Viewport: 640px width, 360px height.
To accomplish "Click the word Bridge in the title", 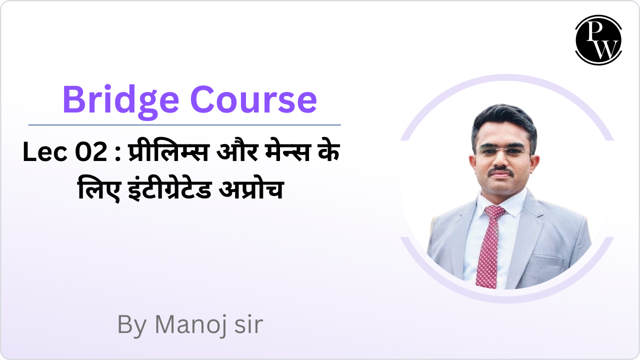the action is [120, 101].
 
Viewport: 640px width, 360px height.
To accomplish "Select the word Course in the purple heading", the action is [253, 99].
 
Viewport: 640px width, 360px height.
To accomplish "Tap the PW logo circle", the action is [598, 40].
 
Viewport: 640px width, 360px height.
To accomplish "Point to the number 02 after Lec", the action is [91, 152].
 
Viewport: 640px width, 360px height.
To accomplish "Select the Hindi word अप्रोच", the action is [251, 189].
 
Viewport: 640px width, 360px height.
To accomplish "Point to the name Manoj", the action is [190, 325].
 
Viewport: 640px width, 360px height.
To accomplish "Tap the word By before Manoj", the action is [132, 325].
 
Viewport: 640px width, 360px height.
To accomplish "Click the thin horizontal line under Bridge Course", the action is [184, 125].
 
